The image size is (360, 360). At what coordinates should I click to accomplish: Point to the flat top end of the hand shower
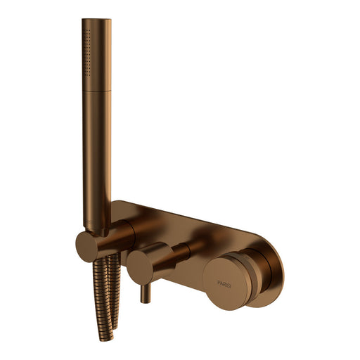tap(96, 20)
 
